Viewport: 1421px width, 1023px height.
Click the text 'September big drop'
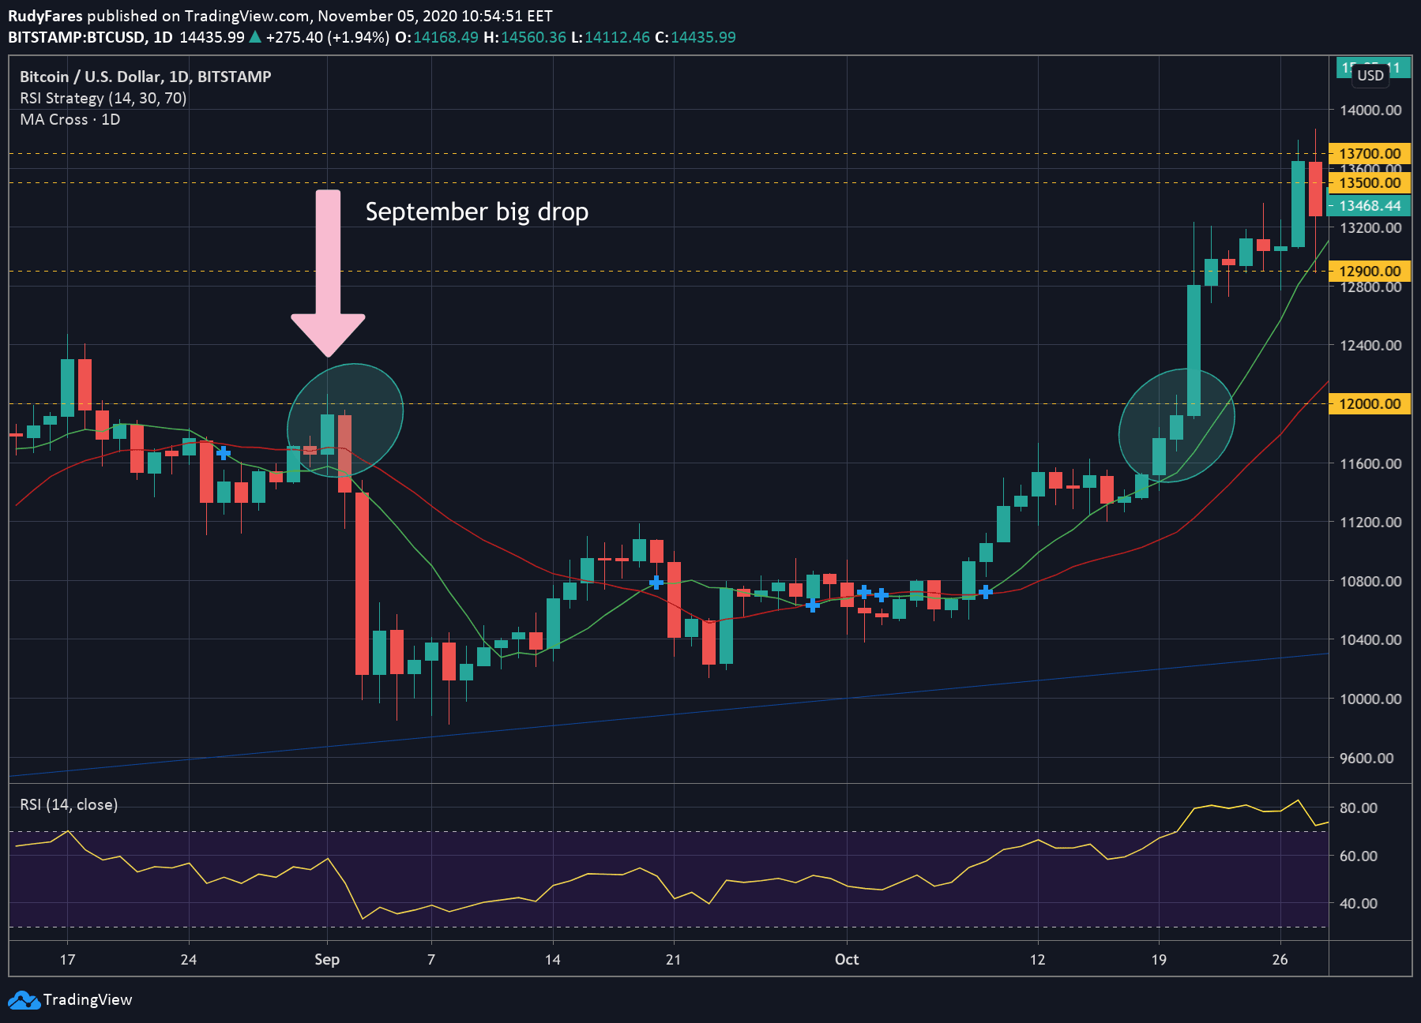(x=476, y=212)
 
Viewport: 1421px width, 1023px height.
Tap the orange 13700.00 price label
(x=1369, y=154)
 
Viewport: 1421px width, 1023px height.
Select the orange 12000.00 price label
(x=1369, y=404)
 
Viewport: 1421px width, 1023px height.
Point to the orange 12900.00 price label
(x=1369, y=272)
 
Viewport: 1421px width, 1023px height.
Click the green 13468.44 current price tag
(x=1369, y=206)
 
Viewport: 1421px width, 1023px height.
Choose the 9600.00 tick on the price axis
(x=1370, y=758)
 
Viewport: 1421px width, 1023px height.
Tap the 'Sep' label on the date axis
(x=327, y=960)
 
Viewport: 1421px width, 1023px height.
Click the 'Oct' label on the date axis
(x=847, y=960)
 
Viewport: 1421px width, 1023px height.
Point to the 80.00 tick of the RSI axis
(x=1358, y=808)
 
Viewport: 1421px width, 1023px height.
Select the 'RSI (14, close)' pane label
(x=69, y=804)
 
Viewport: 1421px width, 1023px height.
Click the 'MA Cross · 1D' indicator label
(x=70, y=120)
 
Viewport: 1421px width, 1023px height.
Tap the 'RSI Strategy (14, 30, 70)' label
(x=103, y=99)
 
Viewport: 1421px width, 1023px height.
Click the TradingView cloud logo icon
(x=24, y=1000)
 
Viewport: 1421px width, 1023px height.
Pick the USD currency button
(x=1370, y=76)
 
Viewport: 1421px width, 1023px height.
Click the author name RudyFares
(x=45, y=16)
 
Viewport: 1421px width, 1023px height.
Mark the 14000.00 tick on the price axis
(x=1370, y=111)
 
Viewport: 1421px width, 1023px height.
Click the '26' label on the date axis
(x=1280, y=960)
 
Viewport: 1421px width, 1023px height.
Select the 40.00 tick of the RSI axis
(x=1358, y=903)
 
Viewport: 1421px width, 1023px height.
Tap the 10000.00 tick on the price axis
(x=1370, y=699)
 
